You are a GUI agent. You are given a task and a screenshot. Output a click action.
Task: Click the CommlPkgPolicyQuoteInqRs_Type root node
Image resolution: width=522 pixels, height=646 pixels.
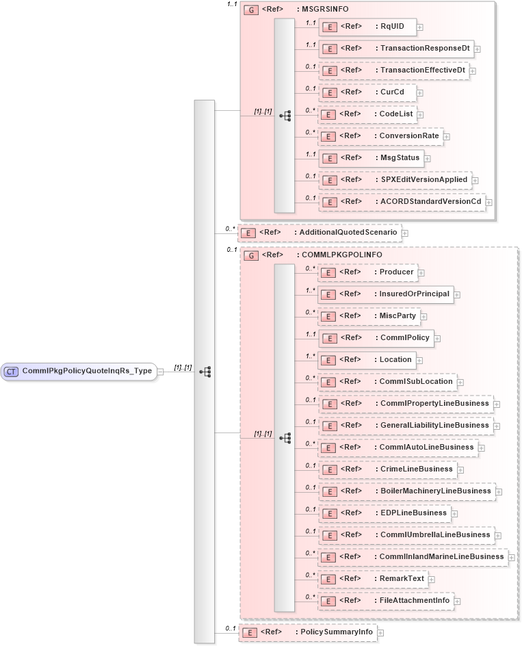coord(78,371)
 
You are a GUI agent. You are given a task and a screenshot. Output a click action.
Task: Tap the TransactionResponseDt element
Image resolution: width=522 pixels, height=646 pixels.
coord(396,49)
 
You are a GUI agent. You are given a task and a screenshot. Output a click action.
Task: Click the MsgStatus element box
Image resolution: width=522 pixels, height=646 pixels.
coord(370,158)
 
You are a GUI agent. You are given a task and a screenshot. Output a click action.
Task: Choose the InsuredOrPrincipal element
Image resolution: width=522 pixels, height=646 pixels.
coord(386,294)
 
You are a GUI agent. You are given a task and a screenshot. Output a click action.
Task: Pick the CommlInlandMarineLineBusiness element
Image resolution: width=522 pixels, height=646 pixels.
coord(413,557)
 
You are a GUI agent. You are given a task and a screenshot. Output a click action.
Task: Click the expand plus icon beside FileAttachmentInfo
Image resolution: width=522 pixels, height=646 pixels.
coord(457,601)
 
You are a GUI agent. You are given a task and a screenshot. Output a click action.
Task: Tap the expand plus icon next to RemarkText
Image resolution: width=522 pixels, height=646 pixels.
coord(432,579)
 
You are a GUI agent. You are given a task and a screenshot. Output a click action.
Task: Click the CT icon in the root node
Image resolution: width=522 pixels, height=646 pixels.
coord(12,371)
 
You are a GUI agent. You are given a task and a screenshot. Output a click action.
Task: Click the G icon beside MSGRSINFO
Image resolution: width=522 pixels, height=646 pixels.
coord(251,10)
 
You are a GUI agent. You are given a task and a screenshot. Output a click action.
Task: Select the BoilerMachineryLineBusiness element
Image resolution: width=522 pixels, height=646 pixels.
coord(406,491)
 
